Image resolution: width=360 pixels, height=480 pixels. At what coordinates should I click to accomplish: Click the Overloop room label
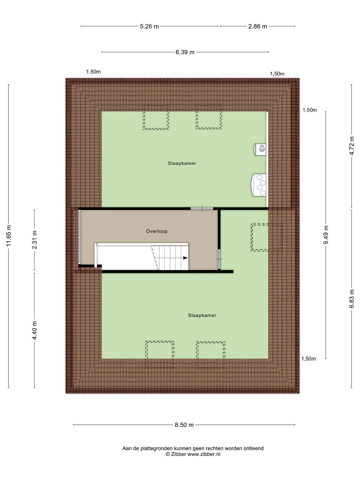pos(157,231)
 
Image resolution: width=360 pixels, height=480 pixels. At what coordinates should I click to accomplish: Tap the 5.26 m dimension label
pos(149,26)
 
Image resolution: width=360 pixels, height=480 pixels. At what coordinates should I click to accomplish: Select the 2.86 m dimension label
pos(257,26)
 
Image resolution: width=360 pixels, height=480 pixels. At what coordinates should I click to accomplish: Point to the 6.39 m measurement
pos(185,52)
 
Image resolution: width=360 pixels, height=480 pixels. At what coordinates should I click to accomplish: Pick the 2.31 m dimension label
pos(34,240)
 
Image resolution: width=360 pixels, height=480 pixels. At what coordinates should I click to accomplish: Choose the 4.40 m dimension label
pos(34,330)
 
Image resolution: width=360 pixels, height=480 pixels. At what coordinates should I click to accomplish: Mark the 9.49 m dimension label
pos(326,235)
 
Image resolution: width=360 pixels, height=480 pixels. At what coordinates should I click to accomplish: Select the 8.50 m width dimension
pos(184,425)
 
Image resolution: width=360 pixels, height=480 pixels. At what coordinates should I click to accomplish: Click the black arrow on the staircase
pos(185,258)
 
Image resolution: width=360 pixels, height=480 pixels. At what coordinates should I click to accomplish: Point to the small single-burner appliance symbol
pos(260,149)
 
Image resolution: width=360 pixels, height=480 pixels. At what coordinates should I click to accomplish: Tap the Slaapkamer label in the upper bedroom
pos(182,163)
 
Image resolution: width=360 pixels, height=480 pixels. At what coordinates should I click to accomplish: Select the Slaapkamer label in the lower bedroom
pos(202,315)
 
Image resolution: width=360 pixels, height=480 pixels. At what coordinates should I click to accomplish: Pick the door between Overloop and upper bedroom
pos(202,208)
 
